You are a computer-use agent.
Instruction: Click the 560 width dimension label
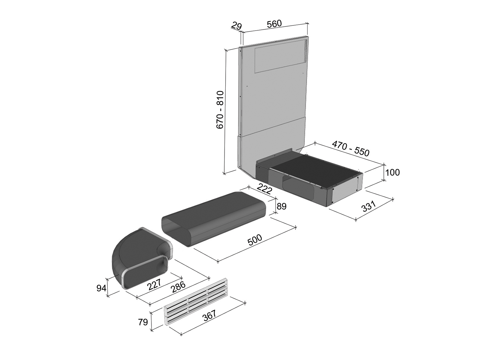(274, 24)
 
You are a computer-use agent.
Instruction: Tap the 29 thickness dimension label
(236, 26)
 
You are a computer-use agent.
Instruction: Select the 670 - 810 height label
(220, 110)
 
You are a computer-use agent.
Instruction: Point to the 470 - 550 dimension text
(350, 148)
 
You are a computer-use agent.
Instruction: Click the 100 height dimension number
(392, 172)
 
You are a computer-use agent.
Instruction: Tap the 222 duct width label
(264, 189)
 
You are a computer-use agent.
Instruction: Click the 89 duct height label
(281, 206)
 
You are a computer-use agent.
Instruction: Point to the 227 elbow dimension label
(154, 284)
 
